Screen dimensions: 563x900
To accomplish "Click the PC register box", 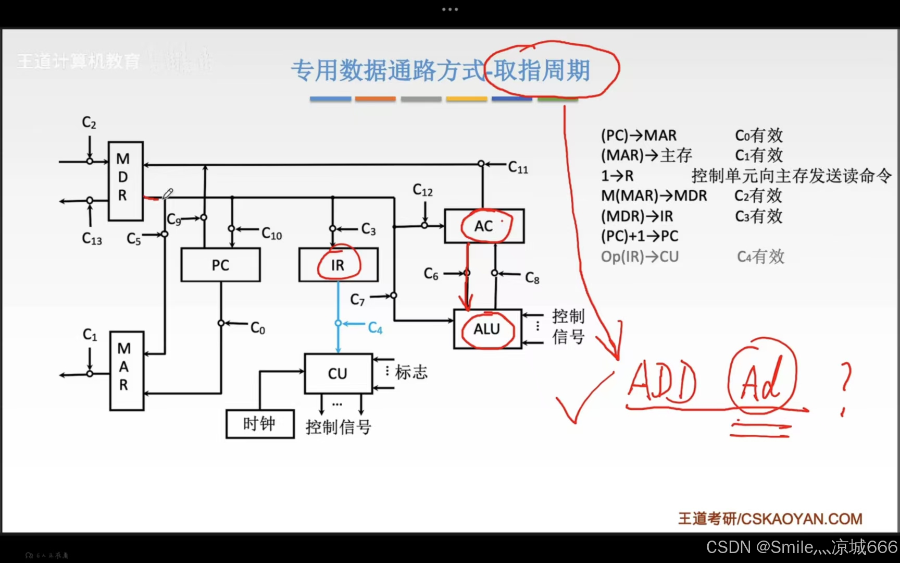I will (220, 265).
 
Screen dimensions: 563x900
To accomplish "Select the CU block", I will (338, 373).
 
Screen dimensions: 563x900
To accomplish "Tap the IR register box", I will (338, 265).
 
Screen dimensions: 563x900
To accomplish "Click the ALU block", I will (487, 329).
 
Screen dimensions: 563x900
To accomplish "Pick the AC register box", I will (484, 226).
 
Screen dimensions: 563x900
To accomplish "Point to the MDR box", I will (125, 180).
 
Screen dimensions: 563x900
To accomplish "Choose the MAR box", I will (126, 370).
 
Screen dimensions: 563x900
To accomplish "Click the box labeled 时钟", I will (259, 423).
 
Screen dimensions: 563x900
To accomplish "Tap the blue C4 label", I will (375, 328).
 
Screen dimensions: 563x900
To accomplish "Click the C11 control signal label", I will (518, 168).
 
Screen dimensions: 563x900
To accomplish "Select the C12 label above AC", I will (422, 191).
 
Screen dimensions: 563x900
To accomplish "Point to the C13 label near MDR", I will (92, 239).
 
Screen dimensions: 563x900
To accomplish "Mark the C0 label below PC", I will (257, 328).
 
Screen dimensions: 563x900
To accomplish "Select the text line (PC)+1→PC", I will (640, 236).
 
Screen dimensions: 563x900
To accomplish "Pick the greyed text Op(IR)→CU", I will (640, 256).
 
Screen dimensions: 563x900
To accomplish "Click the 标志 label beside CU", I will (411, 372).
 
